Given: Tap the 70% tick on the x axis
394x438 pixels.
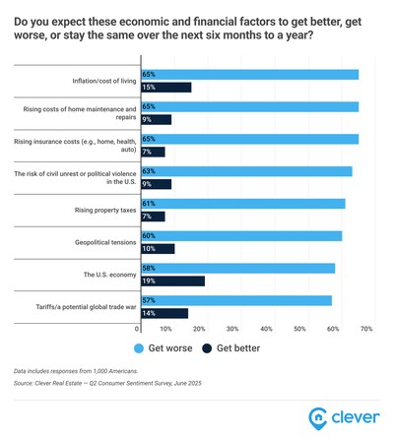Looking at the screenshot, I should tap(366, 328).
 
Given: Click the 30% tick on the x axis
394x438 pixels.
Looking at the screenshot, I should tap(232, 328).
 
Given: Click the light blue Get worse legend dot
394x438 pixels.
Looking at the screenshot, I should tap(135, 347).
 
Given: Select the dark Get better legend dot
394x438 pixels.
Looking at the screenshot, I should tap(207, 347).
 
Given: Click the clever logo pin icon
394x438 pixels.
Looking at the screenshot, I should tap(318, 415).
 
